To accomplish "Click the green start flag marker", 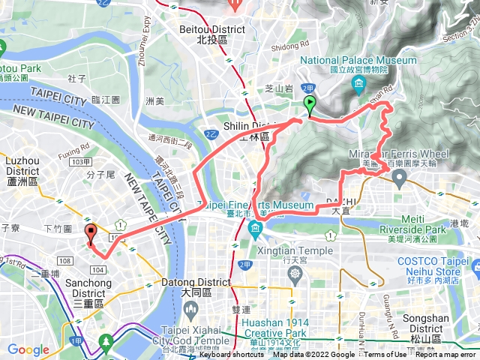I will click(x=309, y=106).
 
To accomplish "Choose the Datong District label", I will click(x=196, y=283).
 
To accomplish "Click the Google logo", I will click(x=28, y=350).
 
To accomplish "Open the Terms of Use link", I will click(x=385, y=355).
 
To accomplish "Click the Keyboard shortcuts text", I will click(x=233, y=355).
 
